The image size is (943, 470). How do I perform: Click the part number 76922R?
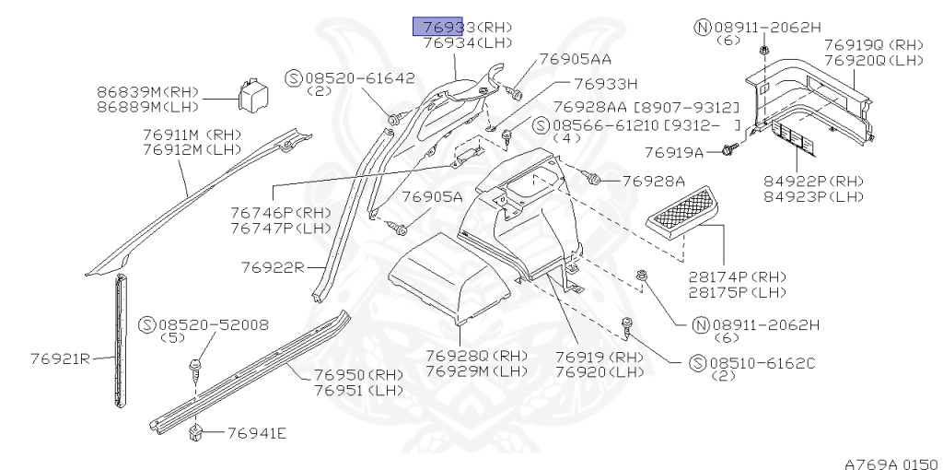coord(273,267)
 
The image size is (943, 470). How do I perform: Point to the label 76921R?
coord(59,358)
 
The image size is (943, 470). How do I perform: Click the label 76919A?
coord(673,152)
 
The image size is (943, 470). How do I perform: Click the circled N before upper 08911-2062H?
coord(701,27)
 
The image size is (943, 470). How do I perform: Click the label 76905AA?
coord(575,58)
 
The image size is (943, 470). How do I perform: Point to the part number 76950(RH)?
coord(345,376)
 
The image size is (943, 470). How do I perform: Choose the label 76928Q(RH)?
coord(475,356)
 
